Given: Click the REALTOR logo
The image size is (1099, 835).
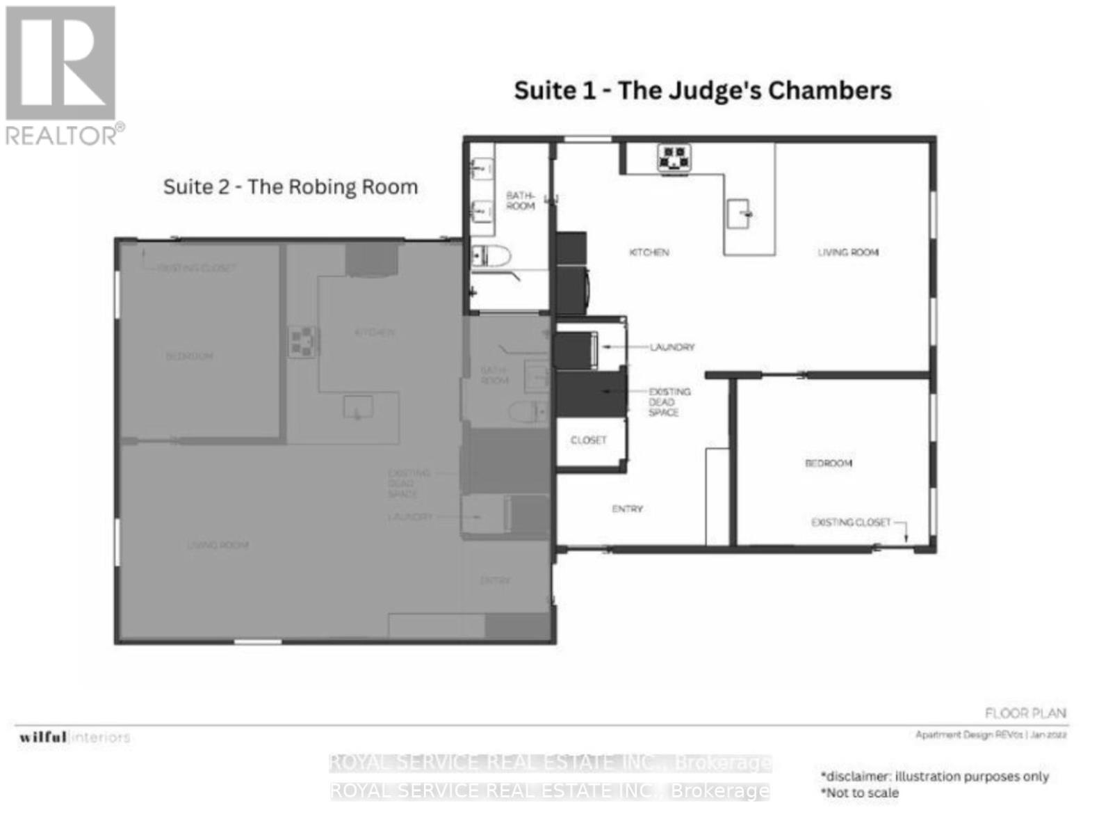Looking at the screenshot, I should (x=61, y=75).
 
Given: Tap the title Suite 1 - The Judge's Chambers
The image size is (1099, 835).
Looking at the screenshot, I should (x=702, y=90).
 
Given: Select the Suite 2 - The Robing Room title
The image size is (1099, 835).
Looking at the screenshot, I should (x=291, y=186).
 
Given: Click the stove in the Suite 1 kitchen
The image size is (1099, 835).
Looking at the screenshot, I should (x=674, y=157).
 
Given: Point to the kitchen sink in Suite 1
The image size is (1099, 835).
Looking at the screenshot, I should (x=739, y=213).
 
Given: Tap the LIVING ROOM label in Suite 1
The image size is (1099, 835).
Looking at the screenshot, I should (x=848, y=252).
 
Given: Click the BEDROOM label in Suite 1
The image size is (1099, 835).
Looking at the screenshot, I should (x=828, y=463).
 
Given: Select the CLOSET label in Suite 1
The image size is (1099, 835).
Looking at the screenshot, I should (x=588, y=440).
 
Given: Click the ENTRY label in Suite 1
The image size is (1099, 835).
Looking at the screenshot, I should (x=627, y=509).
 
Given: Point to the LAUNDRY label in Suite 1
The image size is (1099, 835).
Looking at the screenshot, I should (x=671, y=347).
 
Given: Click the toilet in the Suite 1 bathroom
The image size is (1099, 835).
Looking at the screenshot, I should (x=491, y=257).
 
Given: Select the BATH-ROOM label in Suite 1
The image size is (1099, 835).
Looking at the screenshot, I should (x=520, y=200).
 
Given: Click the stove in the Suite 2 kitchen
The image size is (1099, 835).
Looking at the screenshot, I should (x=303, y=342).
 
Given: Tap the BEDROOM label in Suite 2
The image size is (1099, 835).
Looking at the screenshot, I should (x=189, y=356).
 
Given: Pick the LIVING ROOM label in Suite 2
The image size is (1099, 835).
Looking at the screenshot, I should (x=218, y=545).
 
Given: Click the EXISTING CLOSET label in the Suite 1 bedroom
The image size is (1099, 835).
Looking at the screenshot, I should (x=851, y=522).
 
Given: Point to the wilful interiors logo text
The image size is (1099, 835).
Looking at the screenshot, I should (x=74, y=737).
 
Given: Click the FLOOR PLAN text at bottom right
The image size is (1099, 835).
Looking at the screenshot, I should (x=1025, y=713).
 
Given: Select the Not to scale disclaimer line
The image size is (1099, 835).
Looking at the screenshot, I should (x=860, y=793).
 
